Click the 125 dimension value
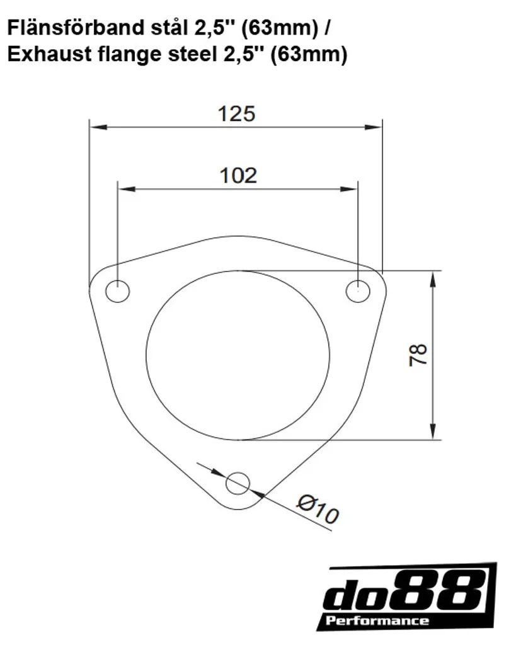pyautogui.click(x=237, y=114)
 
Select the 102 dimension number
pyautogui.click(x=238, y=176)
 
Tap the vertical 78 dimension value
pyautogui.click(x=418, y=355)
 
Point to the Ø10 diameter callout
pyautogui.click(x=318, y=509)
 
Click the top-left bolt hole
pyautogui.click(x=118, y=291)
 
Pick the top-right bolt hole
pyautogui.click(x=358, y=291)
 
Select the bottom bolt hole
pyautogui.click(x=238, y=483)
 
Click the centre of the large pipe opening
pyautogui.click(x=238, y=355)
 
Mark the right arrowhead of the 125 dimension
pyautogui.click(x=373, y=127)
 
